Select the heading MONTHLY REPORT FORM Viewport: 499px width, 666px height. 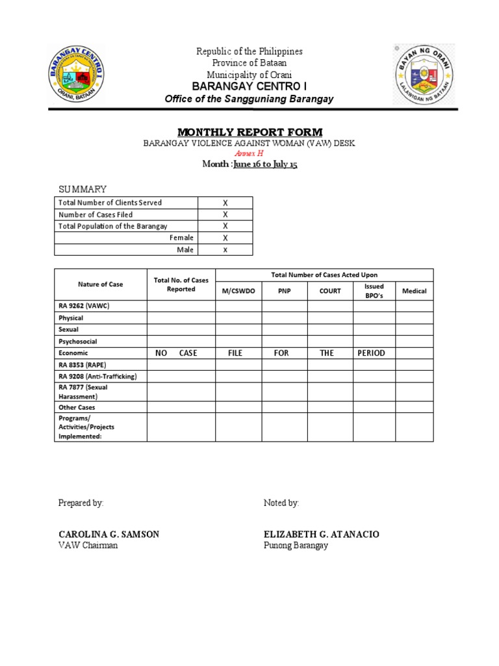tap(249, 132)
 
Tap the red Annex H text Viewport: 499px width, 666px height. tap(249, 153)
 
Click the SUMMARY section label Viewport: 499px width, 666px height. tap(83, 189)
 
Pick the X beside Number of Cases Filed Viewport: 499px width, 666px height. tap(225, 215)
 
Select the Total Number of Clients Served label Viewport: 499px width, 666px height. tap(110, 203)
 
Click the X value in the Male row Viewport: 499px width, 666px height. tap(225, 250)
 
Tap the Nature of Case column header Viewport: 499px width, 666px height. tap(100, 284)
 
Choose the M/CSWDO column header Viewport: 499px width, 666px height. tap(238, 291)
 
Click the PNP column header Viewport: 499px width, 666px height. tap(285, 291)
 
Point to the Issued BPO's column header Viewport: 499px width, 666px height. tap(374, 291)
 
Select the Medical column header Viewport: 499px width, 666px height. tap(414, 291)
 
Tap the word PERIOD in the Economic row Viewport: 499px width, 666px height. tap(371, 353)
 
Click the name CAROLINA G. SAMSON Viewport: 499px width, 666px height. tap(109, 535)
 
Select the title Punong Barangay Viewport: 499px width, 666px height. tap(296, 546)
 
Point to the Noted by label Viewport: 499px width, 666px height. tap(281, 503)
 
